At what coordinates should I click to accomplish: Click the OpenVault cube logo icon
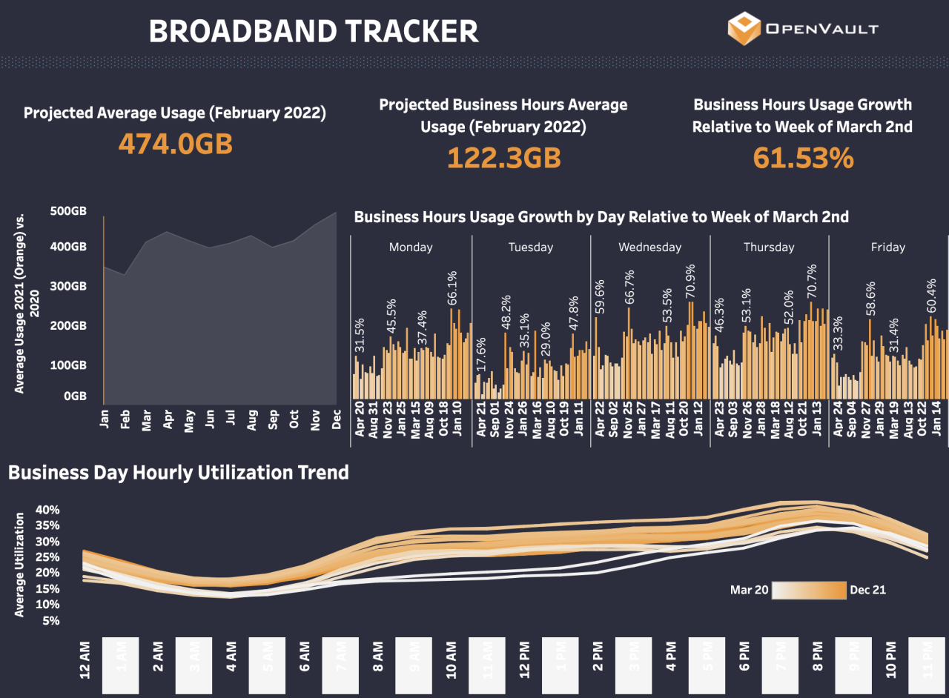[744, 28]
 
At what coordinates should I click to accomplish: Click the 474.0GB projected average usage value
[176, 144]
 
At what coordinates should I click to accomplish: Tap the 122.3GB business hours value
[503, 158]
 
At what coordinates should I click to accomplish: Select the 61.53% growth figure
[803, 158]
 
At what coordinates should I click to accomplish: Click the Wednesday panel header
[649, 247]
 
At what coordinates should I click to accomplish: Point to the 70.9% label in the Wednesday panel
[691, 282]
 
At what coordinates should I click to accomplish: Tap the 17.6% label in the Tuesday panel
[480, 355]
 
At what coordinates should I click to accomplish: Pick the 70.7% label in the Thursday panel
[811, 282]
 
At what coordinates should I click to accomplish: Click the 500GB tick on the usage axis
[68, 211]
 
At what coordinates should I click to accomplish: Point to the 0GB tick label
[75, 396]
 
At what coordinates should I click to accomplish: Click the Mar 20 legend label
[749, 591]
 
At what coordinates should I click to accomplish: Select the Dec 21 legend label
[868, 591]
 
